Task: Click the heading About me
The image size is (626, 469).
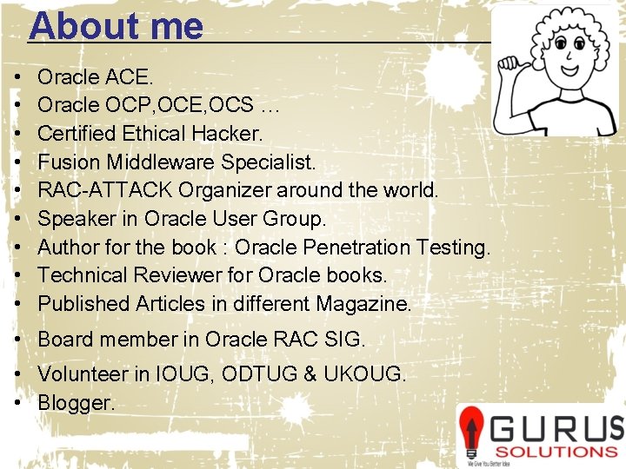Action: point(116,27)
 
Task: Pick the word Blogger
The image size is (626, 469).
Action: point(76,403)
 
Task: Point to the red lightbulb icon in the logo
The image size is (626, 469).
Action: point(472,430)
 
